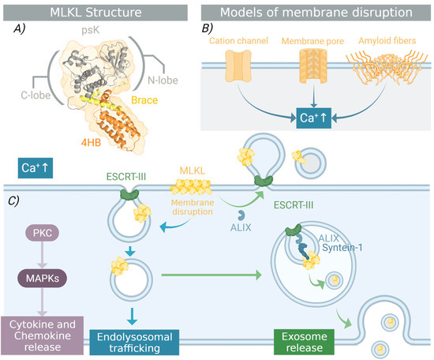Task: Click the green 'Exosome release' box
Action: [312, 336]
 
